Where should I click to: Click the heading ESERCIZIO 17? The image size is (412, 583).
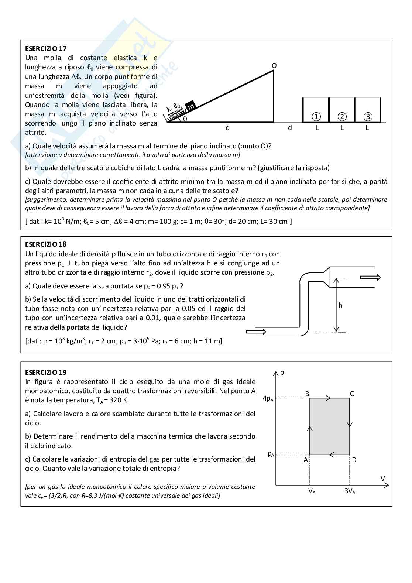click(x=46, y=48)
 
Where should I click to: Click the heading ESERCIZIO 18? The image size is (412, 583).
click(x=46, y=244)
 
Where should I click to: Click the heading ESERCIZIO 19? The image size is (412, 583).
click(x=46, y=372)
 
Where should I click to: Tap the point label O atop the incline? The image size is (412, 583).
click(x=274, y=65)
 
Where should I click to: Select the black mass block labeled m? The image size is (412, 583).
click(x=190, y=106)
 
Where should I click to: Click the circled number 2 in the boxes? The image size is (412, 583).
click(x=342, y=117)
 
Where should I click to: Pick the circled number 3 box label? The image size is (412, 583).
click(x=367, y=117)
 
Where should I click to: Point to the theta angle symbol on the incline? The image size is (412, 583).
click(x=185, y=119)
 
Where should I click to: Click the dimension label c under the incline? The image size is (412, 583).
click(x=227, y=128)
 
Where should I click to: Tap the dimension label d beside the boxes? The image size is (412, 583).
click(x=290, y=128)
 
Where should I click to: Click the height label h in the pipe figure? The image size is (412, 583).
click(x=340, y=305)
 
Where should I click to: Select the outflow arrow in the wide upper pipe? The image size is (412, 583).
click(x=370, y=278)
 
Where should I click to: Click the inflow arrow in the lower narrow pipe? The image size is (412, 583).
click(x=256, y=332)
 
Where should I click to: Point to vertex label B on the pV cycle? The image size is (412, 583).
click(x=307, y=394)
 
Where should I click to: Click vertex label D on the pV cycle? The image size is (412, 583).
click(x=354, y=460)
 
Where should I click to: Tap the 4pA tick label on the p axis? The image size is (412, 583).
click(x=268, y=398)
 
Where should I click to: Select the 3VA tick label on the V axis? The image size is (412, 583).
click(x=349, y=491)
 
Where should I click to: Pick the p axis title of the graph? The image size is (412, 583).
click(x=282, y=373)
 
